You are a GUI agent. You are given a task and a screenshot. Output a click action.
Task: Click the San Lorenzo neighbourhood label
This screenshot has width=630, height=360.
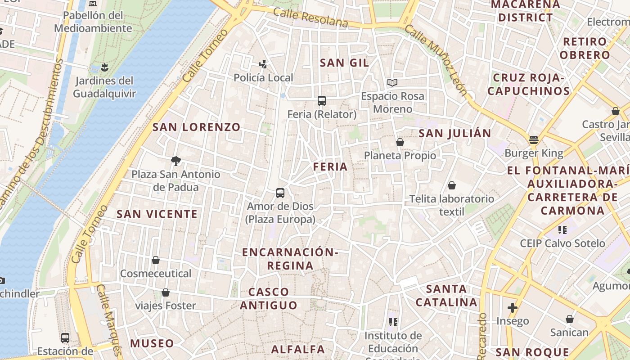pyautogui.click(x=197, y=127)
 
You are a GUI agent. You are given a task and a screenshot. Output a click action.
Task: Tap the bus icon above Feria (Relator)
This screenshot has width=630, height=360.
pyautogui.click(x=322, y=101)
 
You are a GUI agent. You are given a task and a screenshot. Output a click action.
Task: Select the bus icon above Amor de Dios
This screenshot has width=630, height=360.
pyautogui.click(x=280, y=193)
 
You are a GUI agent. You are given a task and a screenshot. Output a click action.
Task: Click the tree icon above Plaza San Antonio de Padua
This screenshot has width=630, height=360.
pyautogui.click(x=176, y=161)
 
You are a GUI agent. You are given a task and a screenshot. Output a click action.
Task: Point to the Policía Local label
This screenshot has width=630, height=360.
pyautogui.click(x=263, y=78)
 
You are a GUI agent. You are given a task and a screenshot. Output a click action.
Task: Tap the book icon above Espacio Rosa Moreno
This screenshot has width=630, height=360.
pyautogui.click(x=392, y=82)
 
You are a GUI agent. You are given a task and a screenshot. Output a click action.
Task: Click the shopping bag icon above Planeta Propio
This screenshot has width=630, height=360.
pyautogui.click(x=400, y=143)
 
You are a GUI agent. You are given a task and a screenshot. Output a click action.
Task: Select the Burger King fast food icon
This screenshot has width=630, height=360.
pyautogui.click(x=534, y=140)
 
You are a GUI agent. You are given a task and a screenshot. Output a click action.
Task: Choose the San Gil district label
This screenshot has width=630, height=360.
pyautogui.click(x=344, y=63)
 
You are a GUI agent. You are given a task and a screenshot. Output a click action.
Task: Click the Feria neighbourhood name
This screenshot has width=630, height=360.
pyautogui.click(x=331, y=167)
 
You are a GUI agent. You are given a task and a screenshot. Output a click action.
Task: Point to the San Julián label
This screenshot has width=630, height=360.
pyautogui.click(x=455, y=134)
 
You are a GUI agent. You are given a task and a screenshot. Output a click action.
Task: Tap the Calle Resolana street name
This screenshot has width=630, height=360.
pyautogui.click(x=310, y=18)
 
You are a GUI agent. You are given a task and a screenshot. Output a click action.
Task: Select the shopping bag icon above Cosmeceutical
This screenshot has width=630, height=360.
pyautogui.click(x=156, y=260)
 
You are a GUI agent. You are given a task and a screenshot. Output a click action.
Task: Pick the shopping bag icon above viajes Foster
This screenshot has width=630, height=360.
pyautogui.click(x=166, y=292)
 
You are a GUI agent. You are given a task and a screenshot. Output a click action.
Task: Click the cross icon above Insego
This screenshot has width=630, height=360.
pyautogui.click(x=512, y=308)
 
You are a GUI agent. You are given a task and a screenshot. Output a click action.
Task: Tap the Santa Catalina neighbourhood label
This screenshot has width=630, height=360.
pyautogui.click(x=446, y=296)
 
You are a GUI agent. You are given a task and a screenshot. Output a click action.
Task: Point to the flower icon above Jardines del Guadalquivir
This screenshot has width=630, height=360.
pyautogui.click(x=104, y=68)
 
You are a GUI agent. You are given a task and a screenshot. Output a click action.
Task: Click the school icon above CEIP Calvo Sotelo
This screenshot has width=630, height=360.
pyautogui.click(x=562, y=230)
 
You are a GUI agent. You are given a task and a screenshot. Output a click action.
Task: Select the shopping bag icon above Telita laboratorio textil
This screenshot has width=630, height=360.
pyautogui.click(x=452, y=185)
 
